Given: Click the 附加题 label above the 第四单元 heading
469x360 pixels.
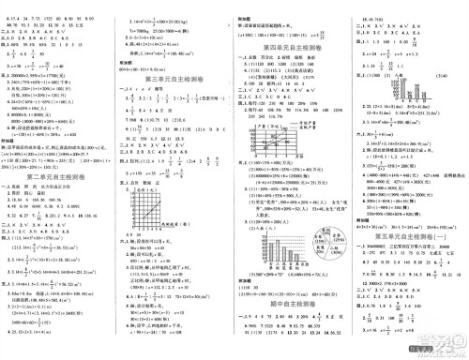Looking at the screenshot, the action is tap(247, 6).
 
